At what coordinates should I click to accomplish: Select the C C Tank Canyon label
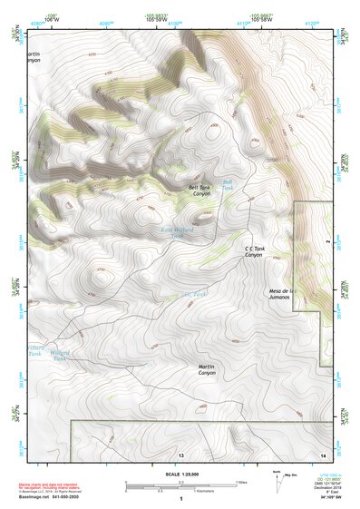253,251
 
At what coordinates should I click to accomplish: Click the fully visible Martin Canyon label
207,370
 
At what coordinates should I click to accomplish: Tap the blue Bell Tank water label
228,184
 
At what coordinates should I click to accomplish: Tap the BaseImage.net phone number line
50,496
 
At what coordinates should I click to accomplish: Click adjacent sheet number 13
180,454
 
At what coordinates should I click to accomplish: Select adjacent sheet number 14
322,454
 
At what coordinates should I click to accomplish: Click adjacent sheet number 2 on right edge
328,243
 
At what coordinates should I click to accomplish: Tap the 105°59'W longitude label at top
154,17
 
